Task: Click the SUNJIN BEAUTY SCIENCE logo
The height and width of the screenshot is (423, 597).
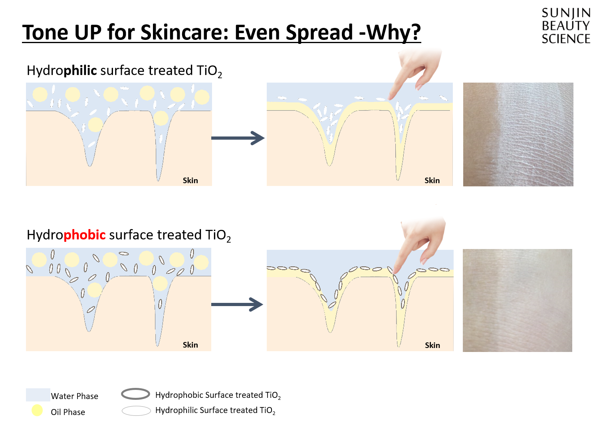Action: (x=565, y=26)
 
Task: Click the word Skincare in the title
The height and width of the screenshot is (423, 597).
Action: (x=184, y=32)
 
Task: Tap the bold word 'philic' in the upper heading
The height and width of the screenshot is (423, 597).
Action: (x=80, y=71)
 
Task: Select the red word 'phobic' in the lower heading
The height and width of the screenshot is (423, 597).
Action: (x=85, y=235)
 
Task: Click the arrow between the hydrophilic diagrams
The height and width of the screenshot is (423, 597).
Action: (x=238, y=138)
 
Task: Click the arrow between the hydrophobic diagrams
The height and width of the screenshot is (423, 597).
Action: (x=237, y=304)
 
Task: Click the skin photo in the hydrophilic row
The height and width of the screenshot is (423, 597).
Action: (x=518, y=134)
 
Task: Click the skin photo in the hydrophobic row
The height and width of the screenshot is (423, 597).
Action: (x=517, y=300)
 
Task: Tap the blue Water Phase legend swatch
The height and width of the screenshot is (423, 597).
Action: (x=38, y=395)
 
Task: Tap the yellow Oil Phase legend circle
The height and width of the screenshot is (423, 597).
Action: (x=37, y=410)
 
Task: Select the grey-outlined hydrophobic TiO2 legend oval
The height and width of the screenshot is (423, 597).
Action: (x=135, y=394)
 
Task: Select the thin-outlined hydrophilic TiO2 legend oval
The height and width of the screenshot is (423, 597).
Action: (x=136, y=411)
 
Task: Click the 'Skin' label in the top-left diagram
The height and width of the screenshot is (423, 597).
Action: (x=190, y=181)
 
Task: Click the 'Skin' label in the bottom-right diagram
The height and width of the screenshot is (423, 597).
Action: (x=432, y=346)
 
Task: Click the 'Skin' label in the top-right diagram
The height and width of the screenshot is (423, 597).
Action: (x=432, y=181)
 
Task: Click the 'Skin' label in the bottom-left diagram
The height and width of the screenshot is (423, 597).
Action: (x=190, y=345)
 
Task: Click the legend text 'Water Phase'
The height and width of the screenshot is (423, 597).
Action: (x=75, y=396)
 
